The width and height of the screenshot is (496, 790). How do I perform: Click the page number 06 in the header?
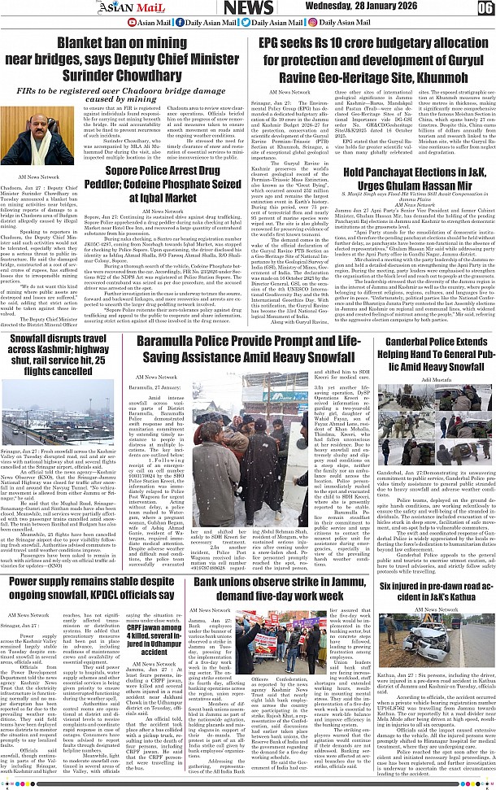tap(485, 8)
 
